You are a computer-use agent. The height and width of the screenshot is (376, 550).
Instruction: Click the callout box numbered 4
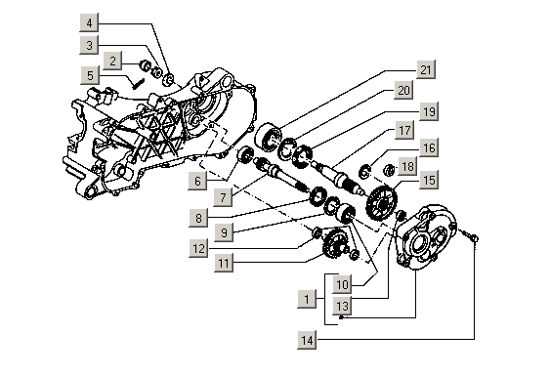coord(89,23)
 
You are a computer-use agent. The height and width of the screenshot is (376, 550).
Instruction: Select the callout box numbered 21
coord(426,69)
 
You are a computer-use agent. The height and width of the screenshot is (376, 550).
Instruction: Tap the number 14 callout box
coord(307,340)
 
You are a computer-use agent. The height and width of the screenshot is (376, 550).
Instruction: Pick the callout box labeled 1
coord(307,299)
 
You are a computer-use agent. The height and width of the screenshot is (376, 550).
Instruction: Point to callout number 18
coord(407,166)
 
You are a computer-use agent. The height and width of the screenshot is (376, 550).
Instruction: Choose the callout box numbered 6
coord(197,181)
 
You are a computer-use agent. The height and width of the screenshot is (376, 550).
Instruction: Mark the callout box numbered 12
coord(198,248)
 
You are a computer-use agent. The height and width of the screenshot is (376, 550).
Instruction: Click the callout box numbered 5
coord(90,75)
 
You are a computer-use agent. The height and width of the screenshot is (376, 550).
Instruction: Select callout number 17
coord(404,130)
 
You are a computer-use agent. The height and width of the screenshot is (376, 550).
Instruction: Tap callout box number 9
coord(224,232)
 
